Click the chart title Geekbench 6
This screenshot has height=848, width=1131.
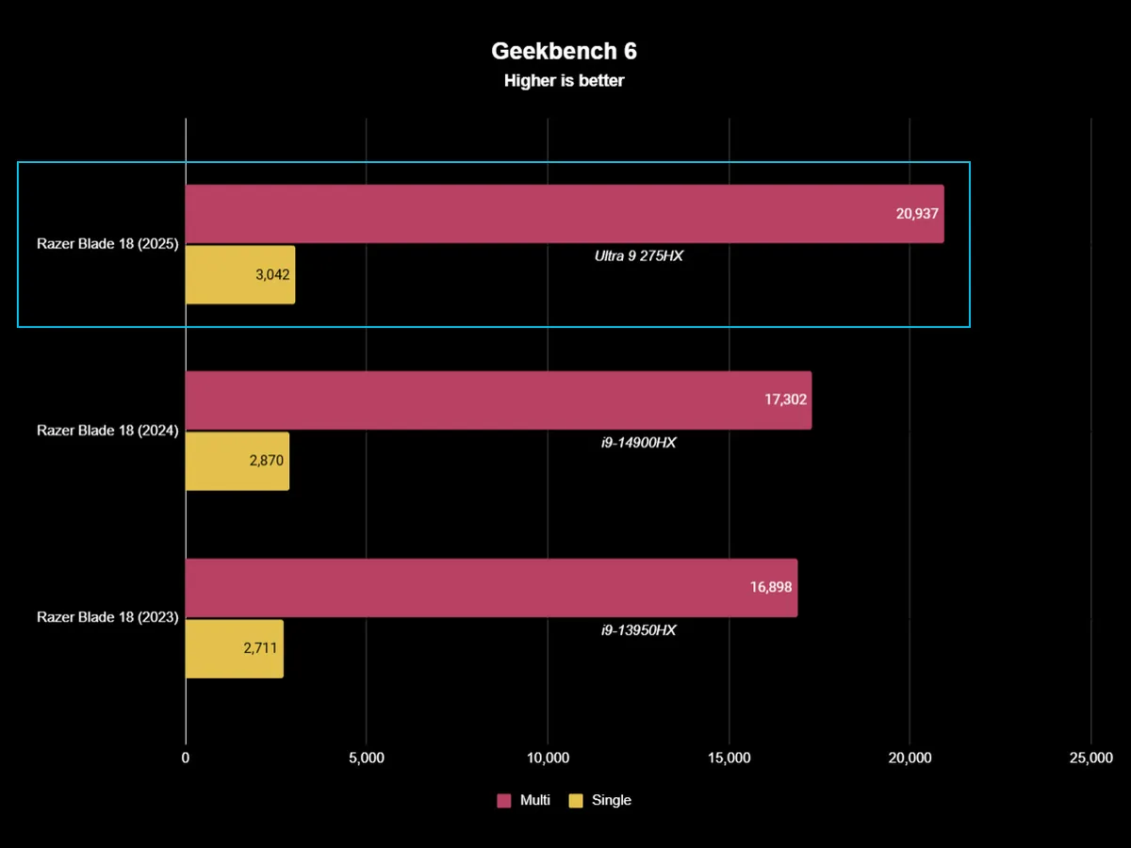tap(564, 51)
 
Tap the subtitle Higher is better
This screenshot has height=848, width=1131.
tap(564, 81)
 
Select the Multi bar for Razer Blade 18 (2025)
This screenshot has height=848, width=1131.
tap(564, 214)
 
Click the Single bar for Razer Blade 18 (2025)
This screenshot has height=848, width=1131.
tap(240, 275)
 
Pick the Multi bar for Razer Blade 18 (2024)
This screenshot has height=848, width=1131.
tap(498, 400)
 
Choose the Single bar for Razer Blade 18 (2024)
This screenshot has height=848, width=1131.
tap(238, 461)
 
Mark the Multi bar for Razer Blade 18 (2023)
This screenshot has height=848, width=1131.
tap(491, 587)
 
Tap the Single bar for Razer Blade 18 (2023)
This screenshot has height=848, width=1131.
tap(234, 648)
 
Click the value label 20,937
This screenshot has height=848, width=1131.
tap(916, 214)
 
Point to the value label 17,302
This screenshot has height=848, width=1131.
tap(785, 400)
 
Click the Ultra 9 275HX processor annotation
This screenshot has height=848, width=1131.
tap(638, 255)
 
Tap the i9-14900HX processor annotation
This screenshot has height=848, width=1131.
tap(638, 442)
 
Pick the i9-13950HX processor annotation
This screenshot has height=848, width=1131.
tap(638, 629)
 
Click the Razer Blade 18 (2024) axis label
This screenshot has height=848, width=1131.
tap(107, 431)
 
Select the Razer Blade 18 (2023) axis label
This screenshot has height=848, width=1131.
tap(107, 617)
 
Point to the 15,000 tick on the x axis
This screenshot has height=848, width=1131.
tap(729, 758)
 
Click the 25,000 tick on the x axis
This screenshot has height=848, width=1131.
tap(1090, 758)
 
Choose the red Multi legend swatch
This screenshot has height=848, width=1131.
tap(503, 801)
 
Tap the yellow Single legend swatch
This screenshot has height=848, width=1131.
tap(576, 801)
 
